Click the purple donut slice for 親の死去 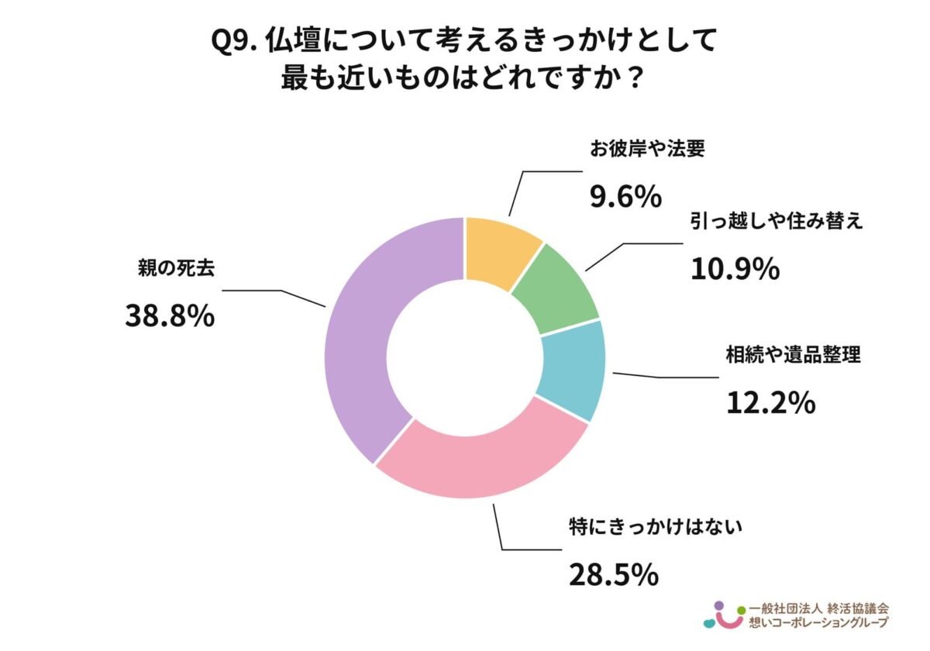coord(356,333)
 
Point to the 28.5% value coord(614,573)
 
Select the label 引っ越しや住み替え coord(776,222)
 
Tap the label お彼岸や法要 coord(647,150)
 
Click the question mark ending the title coord(634,79)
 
